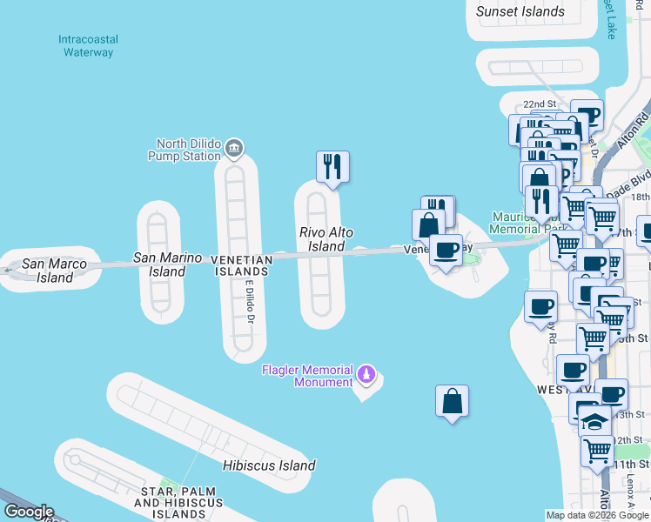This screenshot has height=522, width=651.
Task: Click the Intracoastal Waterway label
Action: tap(88, 46)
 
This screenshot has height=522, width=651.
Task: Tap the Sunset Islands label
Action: tap(520, 12)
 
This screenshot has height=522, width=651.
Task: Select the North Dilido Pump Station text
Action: tap(188, 150)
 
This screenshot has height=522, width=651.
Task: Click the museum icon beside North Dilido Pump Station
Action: tap(233, 149)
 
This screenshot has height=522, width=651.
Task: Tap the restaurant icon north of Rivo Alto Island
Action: tap(332, 165)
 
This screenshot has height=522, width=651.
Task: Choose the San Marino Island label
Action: tap(167, 264)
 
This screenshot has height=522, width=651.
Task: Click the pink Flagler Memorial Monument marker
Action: tap(367, 376)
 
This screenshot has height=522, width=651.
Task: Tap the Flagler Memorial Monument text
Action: tap(308, 376)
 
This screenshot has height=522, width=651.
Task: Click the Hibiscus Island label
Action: tap(268, 465)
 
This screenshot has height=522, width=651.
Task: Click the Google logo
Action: tap(28, 512)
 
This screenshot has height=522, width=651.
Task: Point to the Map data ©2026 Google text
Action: tap(598, 515)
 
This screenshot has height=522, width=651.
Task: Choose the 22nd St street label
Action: tap(552, 103)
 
